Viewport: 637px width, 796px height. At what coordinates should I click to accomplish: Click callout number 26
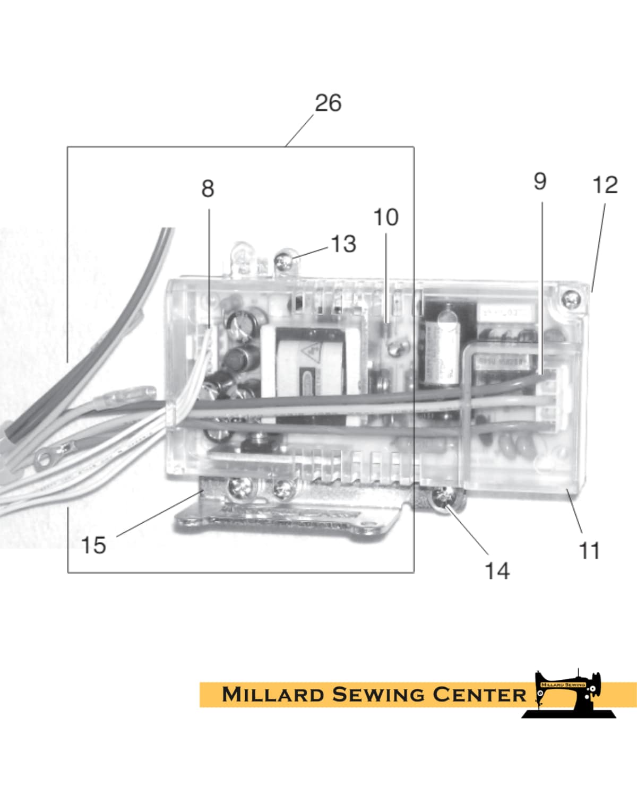pyautogui.click(x=328, y=103)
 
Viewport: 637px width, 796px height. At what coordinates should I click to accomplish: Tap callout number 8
pyautogui.click(x=208, y=188)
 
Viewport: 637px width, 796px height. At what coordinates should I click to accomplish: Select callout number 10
pyautogui.click(x=386, y=217)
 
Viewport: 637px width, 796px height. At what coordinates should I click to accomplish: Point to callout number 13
pyautogui.click(x=343, y=244)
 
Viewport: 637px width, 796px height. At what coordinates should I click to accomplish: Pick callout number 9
pyautogui.click(x=540, y=181)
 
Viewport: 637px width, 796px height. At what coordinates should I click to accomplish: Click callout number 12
pyautogui.click(x=605, y=185)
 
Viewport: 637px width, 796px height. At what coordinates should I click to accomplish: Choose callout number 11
pyautogui.click(x=589, y=551)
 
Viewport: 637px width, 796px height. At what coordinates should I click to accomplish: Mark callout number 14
pyautogui.click(x=497, y=571)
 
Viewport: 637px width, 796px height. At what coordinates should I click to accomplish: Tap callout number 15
pyautogui.click(x=93, y=545)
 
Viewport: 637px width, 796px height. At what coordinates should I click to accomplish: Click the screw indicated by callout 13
pyautogui.click(x=285, y=262)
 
